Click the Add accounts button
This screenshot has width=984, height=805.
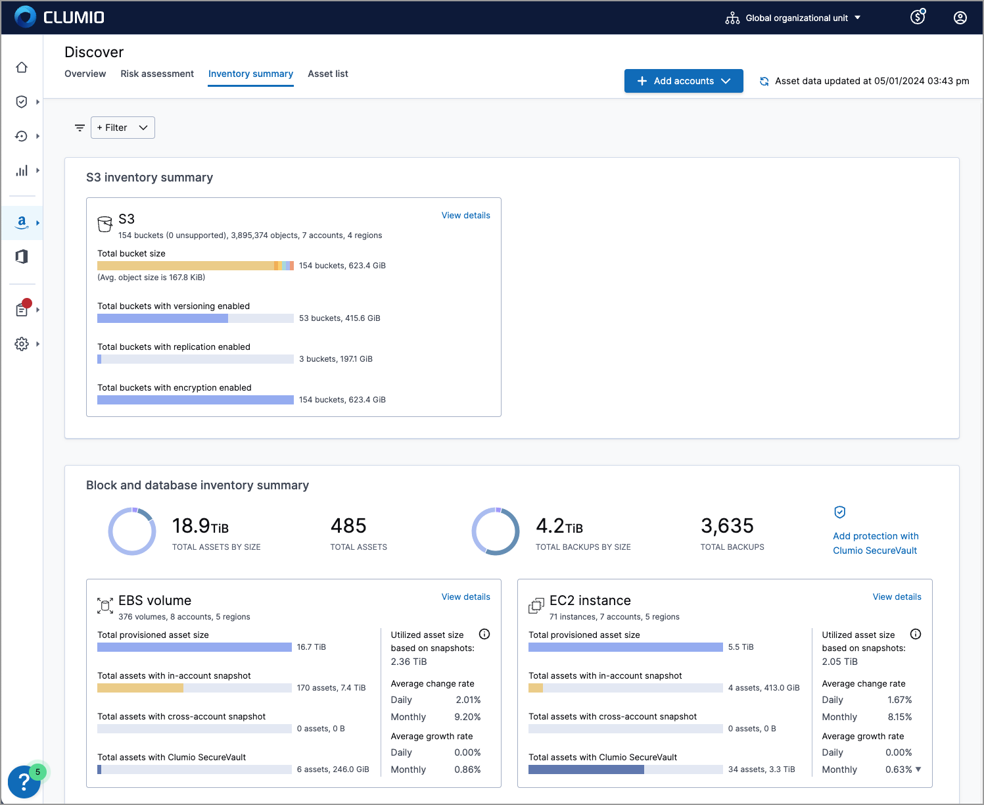(683, 81)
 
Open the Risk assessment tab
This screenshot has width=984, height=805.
(157, 74)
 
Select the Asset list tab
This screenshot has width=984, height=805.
(327, 74)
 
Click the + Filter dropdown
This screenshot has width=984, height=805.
(123, 128)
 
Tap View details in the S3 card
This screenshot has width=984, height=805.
(465, 215)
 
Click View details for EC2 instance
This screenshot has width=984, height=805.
(897, 597)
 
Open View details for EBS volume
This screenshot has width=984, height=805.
(465, 597)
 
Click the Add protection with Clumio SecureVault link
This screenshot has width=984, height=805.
(875, 543)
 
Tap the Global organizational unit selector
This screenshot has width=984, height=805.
(793, 18)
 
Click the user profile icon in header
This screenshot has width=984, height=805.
(960, 18)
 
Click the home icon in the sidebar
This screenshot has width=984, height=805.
(22, 67)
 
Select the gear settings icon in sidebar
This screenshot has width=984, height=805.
(22, 344)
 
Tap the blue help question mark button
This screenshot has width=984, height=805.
(24, 782)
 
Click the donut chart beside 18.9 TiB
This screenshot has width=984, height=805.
(132, 531)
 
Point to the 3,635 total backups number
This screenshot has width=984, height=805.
(727, 525)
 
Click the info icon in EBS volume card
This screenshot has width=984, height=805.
(484, 634)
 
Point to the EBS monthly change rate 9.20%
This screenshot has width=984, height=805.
(467, 717)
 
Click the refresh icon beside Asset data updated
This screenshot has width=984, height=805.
(764, 82)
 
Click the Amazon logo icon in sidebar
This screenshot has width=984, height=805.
(22, 222)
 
